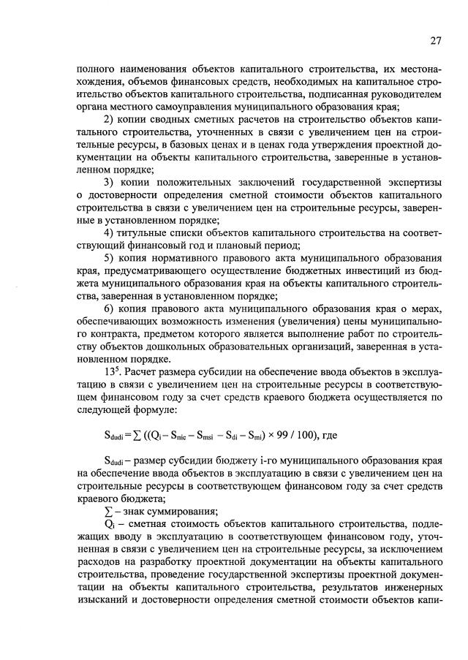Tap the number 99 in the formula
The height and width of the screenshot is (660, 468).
click(279, 436)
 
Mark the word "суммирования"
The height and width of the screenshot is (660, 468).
click(172, 512)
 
